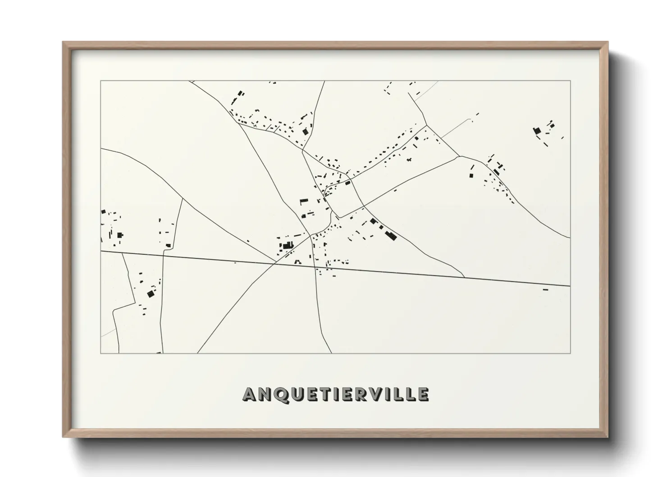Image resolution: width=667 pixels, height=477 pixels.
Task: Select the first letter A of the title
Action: click(x=250, y=394)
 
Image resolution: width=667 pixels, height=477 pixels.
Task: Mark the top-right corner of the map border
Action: click(x=570, y=81)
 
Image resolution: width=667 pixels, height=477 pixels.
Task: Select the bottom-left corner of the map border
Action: click(x=101, y=353)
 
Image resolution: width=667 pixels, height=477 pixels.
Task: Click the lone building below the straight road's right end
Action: click(x=545, y=289)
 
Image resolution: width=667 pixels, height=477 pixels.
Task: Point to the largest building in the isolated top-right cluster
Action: click(x=537, y=131)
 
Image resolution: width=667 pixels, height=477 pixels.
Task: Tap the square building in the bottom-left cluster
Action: click(x=151, y=294)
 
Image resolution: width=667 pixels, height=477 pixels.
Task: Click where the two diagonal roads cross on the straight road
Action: click(x=276, y=264)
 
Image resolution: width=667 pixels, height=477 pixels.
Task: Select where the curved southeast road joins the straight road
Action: click(x=464, y=277)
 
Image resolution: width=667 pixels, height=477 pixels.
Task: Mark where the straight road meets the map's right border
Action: click(x=570, y=286)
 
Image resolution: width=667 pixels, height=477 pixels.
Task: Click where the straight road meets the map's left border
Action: click(x=101, y=251)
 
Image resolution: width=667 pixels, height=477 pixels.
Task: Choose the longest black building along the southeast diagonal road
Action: click(x=390, y=235)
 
